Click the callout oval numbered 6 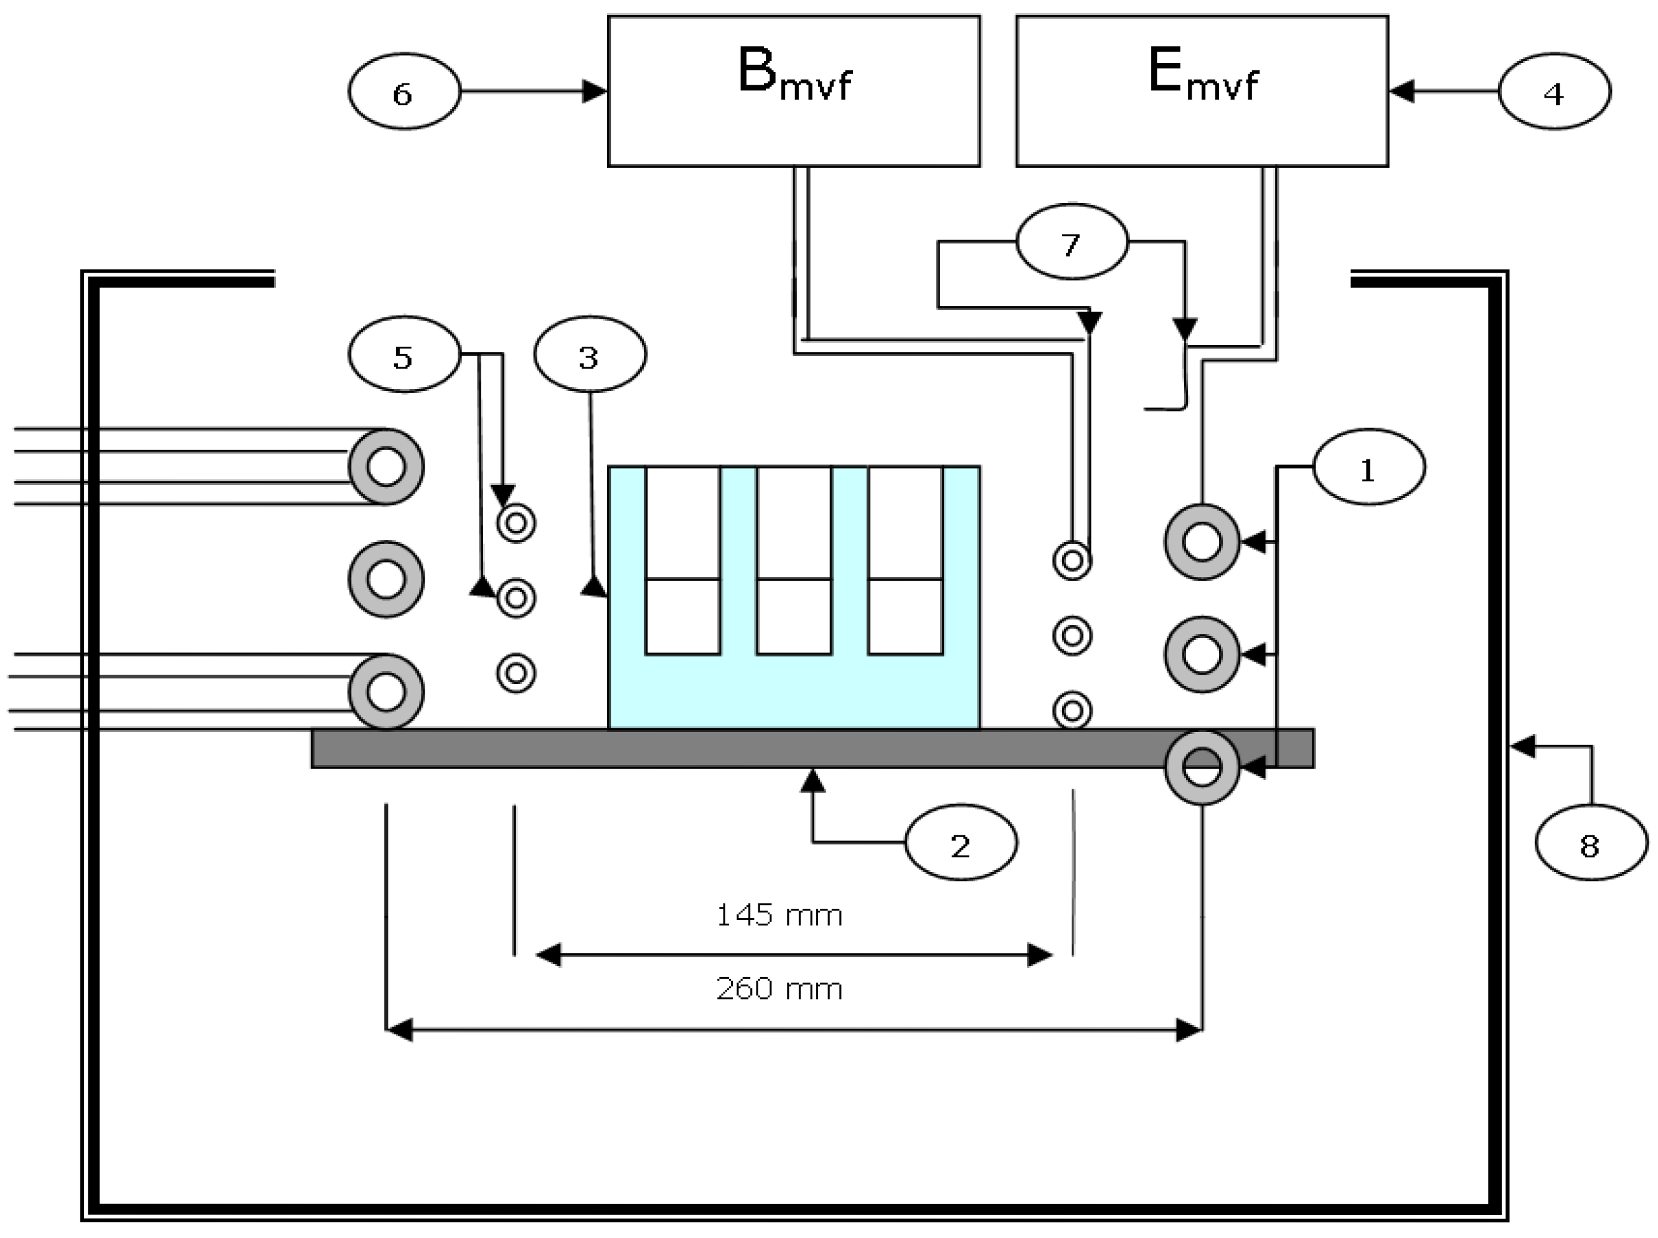coord(404,91)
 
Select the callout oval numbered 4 coord(1554,91)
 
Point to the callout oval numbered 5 coord(404,354)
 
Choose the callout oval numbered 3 coord(590,354)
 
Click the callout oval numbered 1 coord(1368,467)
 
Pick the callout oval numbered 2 coord(961,842)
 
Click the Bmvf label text coord(794,75)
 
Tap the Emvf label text coord(1202,75)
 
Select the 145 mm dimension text coord(780,916)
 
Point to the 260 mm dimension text coord(780,989)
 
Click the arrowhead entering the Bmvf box coord(595,91)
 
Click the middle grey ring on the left coord(386,579)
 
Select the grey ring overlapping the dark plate coord(1202,767)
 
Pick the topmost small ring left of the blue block coord(516,522)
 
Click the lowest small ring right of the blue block coord(1072,710)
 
